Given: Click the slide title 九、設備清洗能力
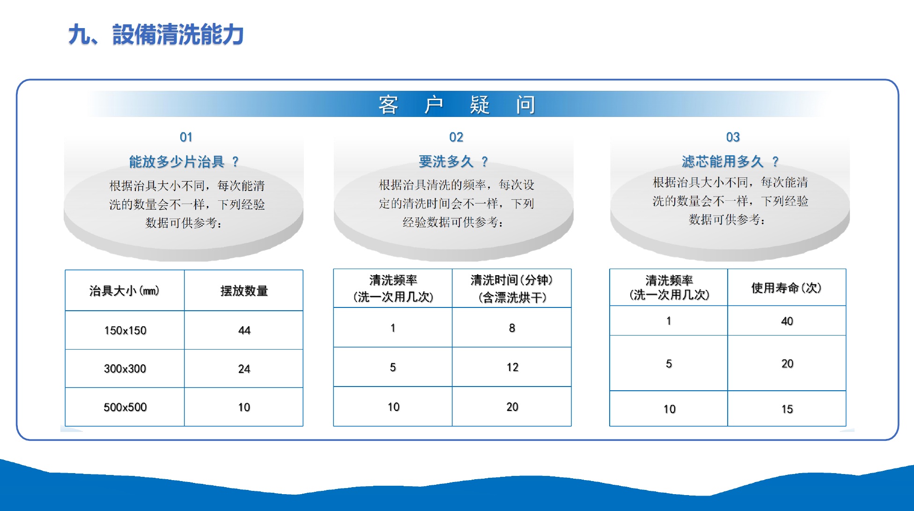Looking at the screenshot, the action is (x=156, y=35).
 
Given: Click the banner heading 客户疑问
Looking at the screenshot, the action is (x=457, y=104).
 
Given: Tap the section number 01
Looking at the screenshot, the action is (x=186, y=137).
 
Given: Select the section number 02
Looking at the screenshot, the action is (x=456, y=137).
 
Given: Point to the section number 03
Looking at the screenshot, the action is (x=733, y=137).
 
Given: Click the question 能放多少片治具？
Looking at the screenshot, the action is (x=184, y=162).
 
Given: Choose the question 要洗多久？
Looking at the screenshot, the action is (x=453, y=162).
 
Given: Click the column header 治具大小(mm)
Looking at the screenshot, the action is (x=124, y=291).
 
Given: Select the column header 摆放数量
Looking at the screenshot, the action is (x=244, y=291).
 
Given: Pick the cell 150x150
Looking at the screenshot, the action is (x=125, y=330).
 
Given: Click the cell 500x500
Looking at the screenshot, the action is (x=125, y=407).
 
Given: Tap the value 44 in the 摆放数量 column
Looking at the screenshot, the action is (x=244, y=330).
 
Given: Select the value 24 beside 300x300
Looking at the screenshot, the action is (x=244, y=369).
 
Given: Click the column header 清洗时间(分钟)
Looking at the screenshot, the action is (x=512, y=280).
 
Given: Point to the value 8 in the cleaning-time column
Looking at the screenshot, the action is (x=512, y=328).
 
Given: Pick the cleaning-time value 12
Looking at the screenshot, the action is (x=512, y=367).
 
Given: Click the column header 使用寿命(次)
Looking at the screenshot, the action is (x=787, y=288).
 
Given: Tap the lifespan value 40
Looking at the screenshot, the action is (x=787, y=321).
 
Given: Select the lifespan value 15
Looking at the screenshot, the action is (x=787, y=409).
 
